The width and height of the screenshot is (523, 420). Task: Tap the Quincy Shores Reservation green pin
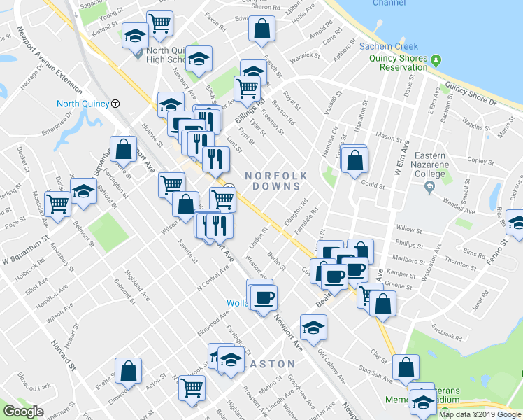click(436, 59)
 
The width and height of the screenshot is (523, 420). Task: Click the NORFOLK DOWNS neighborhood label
click(273, 180)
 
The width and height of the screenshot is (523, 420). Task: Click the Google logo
click(23, 412)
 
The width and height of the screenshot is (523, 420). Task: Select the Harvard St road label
click(62, 356)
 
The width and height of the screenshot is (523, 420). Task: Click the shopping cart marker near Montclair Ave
click(57, 203)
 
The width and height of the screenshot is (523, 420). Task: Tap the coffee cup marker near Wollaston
click(264, 297)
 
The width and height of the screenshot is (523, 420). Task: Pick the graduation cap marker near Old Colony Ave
click(313, 326)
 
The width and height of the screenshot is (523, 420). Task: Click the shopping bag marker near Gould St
click(355, 158)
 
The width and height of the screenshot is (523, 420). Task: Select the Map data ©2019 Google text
click(480, 414)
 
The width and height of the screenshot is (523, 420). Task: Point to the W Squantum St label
click(25, 250)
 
